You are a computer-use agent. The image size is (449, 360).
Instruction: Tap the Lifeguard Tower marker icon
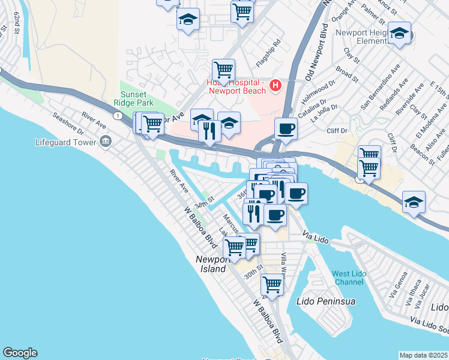tap(106, 142)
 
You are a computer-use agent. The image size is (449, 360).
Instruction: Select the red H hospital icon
tap(276, 86)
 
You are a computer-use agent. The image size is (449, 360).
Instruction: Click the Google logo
tap(20, 353)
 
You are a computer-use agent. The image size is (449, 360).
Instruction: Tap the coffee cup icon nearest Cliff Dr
tap(286, 128)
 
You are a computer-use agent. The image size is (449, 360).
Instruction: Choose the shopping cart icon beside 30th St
tap(272, 284)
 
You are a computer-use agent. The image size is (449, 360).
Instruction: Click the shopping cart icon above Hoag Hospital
tap(223, 70)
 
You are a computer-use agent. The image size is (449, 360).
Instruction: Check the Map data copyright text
tap(423, 355)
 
